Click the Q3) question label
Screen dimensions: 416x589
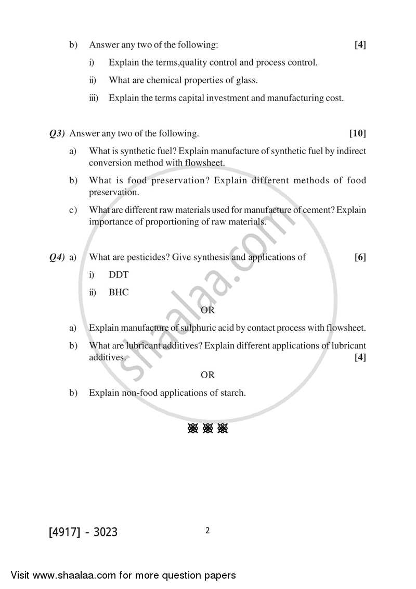coord(57,134)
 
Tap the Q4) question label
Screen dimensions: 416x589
coord(57,257)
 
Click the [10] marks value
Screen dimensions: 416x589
coord(358,134)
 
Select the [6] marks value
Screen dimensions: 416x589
coord(360,257)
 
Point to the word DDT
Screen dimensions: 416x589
coord(118,274)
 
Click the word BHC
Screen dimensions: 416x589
coord(119,293)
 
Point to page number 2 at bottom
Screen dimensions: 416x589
coord(207,531)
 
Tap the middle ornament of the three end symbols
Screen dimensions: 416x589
coord(208,429)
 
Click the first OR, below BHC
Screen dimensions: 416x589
coord(207,310)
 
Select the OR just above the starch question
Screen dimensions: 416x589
coord(207,375)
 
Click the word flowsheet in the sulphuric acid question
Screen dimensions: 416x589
coord(345,328)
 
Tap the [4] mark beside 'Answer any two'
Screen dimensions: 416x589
coord(360,45)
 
